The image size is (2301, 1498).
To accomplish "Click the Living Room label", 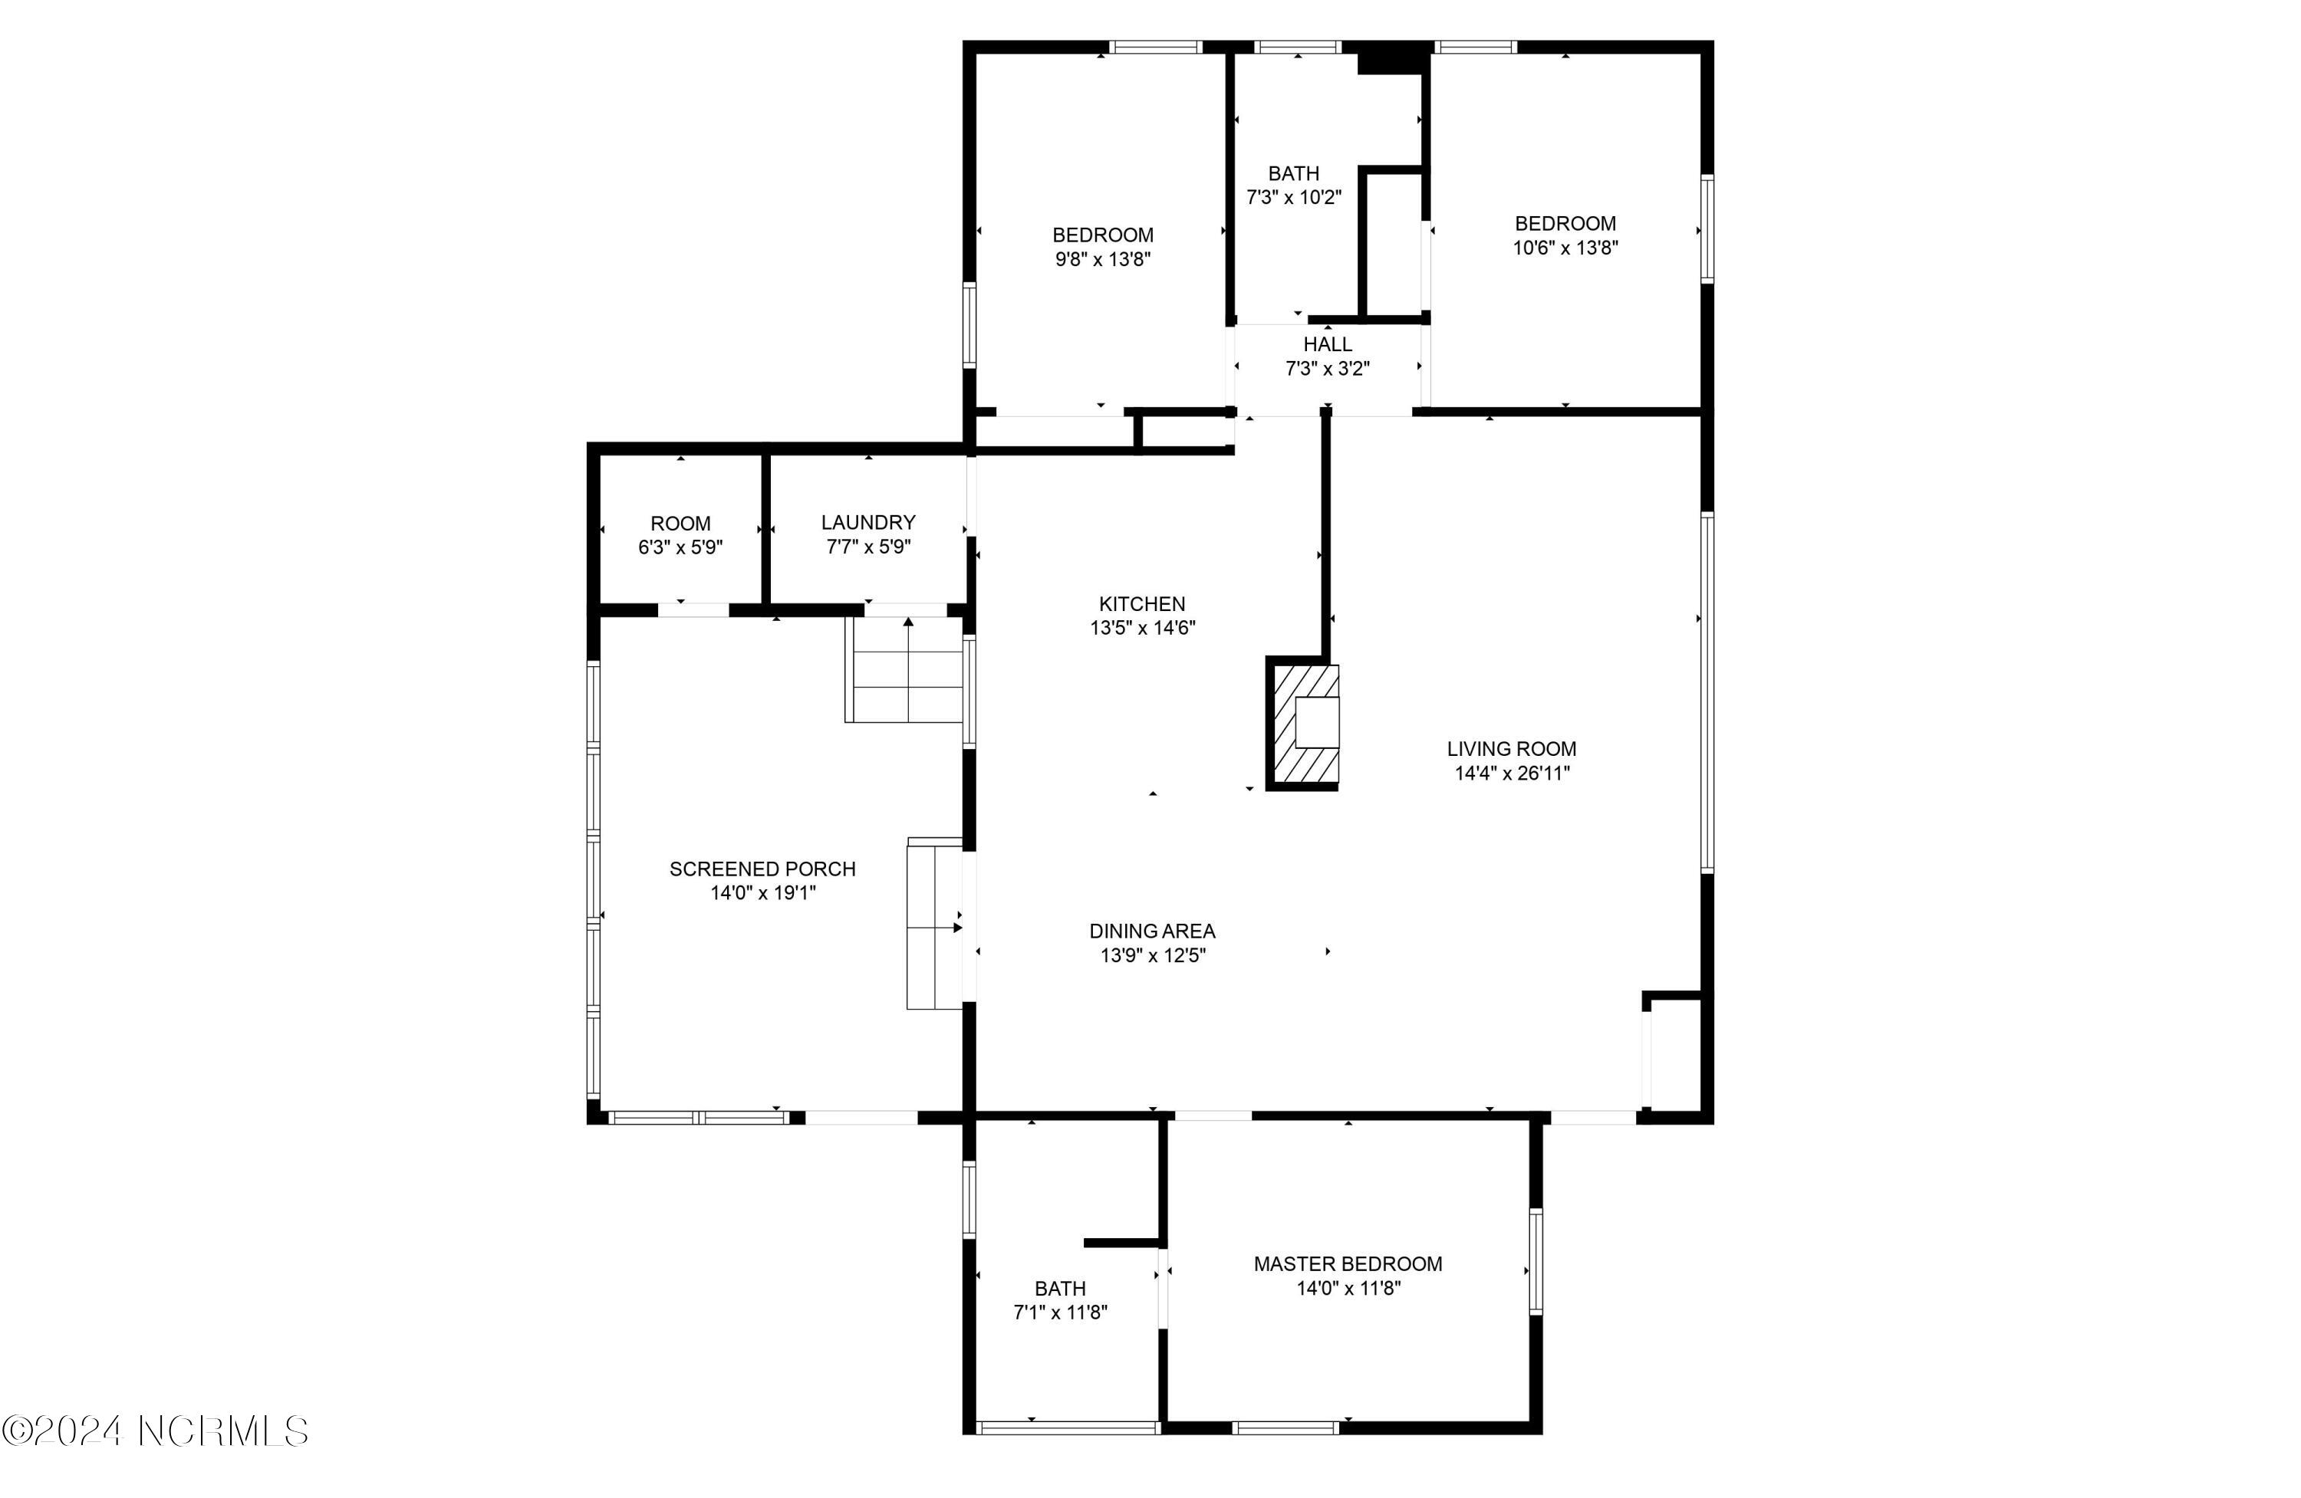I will [1511, 749].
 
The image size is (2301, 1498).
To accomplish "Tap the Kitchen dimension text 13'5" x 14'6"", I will [1143, 628].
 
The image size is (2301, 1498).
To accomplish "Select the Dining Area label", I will [1151, 931].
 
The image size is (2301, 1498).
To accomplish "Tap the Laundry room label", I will [868, 523].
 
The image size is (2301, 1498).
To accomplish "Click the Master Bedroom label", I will [1347, 1264].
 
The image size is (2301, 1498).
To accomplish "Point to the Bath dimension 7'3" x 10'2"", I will [1294, 198].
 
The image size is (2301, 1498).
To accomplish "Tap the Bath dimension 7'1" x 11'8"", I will [1060, 1312].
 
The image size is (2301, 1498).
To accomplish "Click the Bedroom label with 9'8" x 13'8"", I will [1102, 235].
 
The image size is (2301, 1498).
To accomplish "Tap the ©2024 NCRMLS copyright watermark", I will [155, 1431].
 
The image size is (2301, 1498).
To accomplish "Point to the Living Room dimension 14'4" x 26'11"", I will [1511, 774].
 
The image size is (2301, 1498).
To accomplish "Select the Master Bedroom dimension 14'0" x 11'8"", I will [1347, 1288].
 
